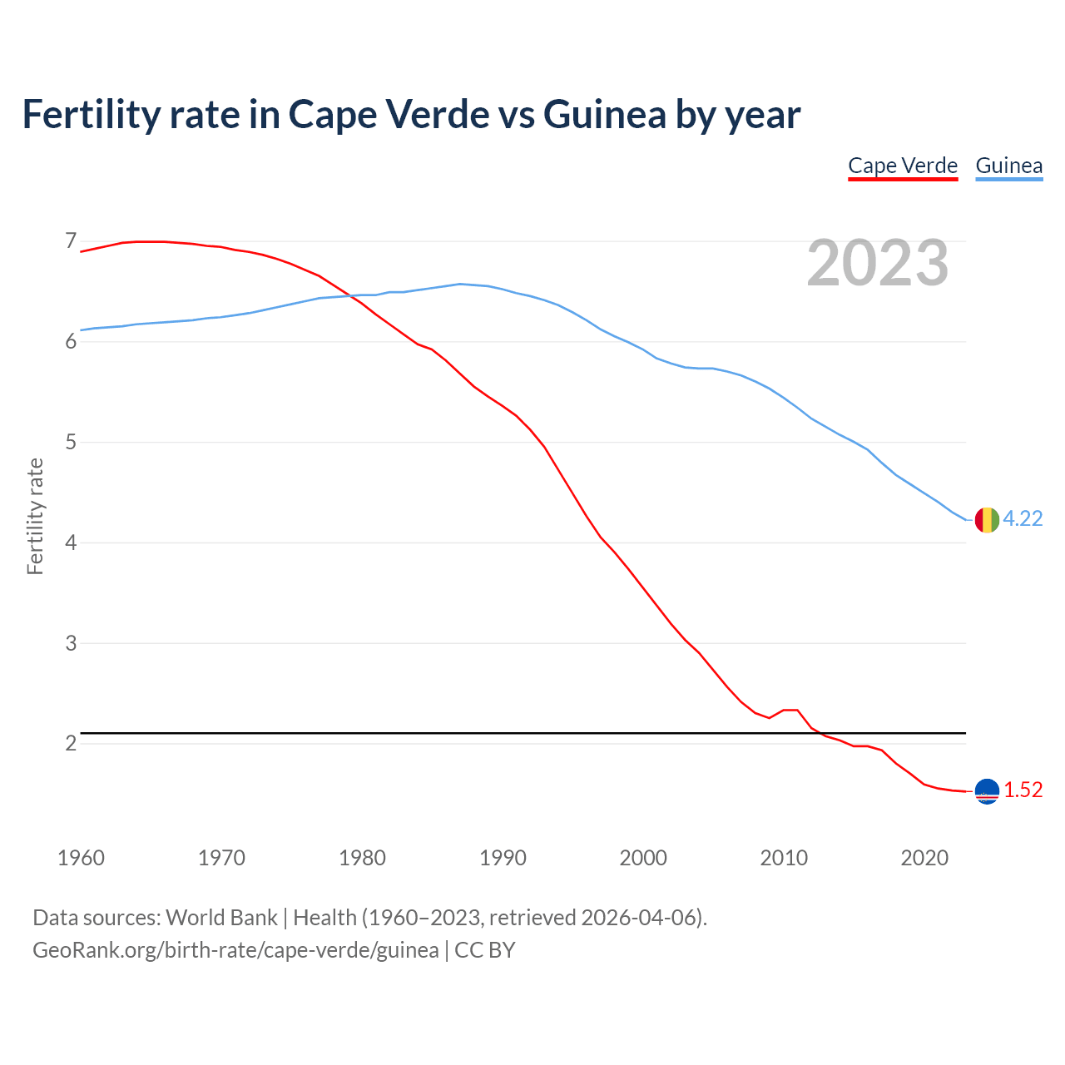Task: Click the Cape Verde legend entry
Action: [903, 166]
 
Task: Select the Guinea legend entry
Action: [1008, 166]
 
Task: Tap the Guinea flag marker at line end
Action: [986, 519]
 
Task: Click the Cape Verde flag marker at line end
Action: [986, 791]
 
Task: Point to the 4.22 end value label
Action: [1023, 518]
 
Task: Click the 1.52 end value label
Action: [1023, 790]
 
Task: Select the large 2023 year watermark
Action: [878, 263]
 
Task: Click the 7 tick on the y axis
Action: [71, 241]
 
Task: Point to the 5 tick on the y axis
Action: [71, 442]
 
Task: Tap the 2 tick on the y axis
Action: [71, 743]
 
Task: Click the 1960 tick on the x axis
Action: [81, 858]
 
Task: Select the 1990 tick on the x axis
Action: [503, 858]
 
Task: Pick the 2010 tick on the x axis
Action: [784, 858]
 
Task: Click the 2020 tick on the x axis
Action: [924, 858]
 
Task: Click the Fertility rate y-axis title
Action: [35, 516]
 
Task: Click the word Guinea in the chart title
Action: [605, 114]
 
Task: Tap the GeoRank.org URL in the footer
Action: [235, 950]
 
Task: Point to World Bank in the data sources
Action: [221, 918]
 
